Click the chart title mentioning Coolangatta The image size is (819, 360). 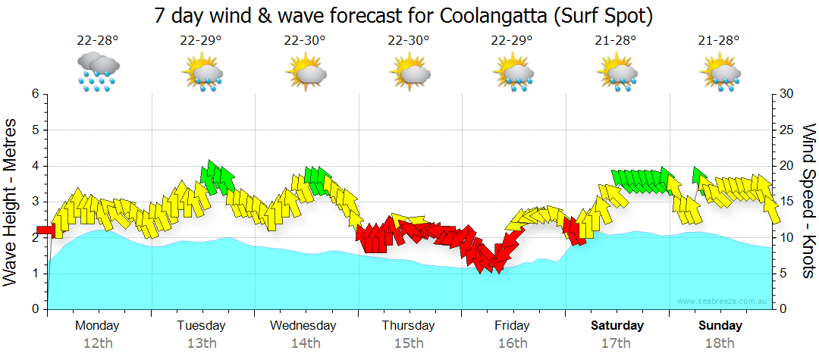(x=403, y=15)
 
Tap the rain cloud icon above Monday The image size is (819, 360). (x=97, y=71)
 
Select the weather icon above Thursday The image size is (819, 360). (x=410, y=71)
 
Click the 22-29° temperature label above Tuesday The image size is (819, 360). (x=201, y=40)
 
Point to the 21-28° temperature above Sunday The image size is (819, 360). (x=719, y=40)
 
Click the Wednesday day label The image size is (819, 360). (x=303, y=326)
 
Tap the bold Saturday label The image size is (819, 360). (x=617, y=326)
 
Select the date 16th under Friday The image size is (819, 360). (x=513, y=343)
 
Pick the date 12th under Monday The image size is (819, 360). (x=97, y=343)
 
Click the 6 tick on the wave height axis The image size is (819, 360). (x=35, y=94)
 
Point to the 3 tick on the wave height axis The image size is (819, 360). (x=35, y=202)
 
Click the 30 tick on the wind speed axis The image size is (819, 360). (x=787, y=94)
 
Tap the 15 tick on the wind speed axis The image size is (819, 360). (x=787, y=202)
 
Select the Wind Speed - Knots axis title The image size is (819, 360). (x=808, y=201)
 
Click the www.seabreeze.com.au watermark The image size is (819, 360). (x=723, y=302)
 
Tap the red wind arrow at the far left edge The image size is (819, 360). (x=45, y=230)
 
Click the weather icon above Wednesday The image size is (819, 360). (x=306, y=71)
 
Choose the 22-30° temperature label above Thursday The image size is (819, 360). (x=409, y=40)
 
